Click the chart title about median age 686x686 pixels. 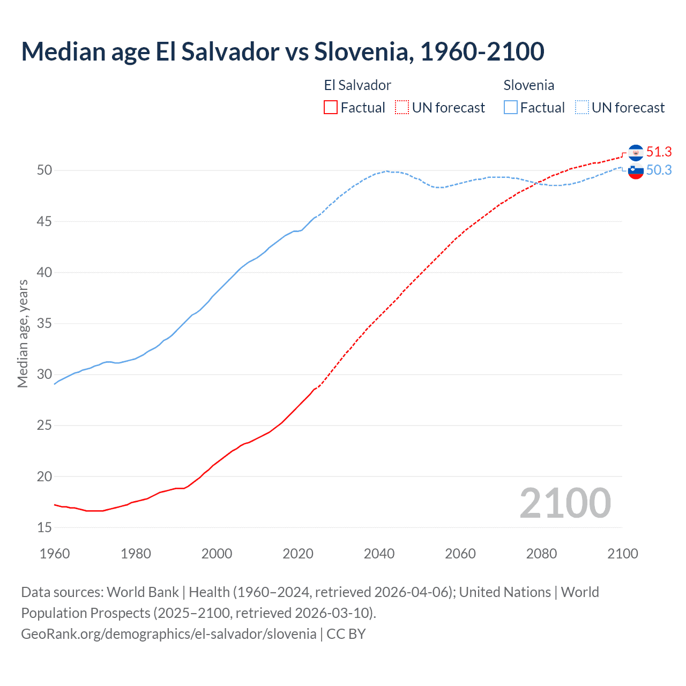282,51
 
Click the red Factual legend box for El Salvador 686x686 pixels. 331,107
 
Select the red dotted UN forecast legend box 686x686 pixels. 402,107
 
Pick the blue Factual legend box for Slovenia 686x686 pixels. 511,107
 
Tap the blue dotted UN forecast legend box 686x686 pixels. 582,107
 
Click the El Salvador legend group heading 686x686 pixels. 357,85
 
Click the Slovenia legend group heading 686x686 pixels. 528,85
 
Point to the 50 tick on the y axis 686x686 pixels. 44,170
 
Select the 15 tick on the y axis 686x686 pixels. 44,527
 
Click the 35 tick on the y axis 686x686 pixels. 44,324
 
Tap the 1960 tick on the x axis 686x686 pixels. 55,554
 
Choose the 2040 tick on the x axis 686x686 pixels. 379,554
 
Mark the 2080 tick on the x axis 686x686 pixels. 541,554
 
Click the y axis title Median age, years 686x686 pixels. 23,333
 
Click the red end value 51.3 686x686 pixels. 659,152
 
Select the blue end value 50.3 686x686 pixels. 659,170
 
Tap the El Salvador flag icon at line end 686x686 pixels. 636,153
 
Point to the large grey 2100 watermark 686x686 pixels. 565,503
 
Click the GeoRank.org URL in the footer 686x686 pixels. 169,633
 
